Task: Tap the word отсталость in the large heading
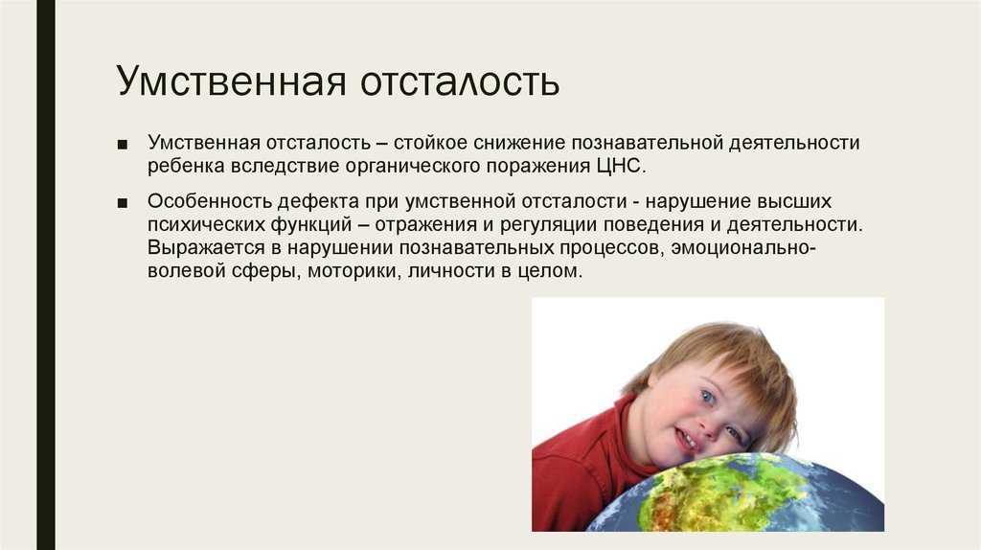pyautogui.click(x=460, y=81)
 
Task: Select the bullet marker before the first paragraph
pyautogui.click(x=122, y=145)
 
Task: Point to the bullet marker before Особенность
pyautogui.click(x=122, y=203)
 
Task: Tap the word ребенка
pyautogui.click(x=186, y=166)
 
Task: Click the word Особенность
pyautogui.click(x=209, y=201)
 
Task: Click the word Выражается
pyautogui.click(x=207, y=248)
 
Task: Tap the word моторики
pyautogui.click(x=354, y=271)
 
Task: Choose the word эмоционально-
pyautogui.click(x=743, y=248)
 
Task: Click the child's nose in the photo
pyautogui.click(x=709, y=425)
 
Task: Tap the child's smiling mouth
pyautogui.click(x=688, y=440)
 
